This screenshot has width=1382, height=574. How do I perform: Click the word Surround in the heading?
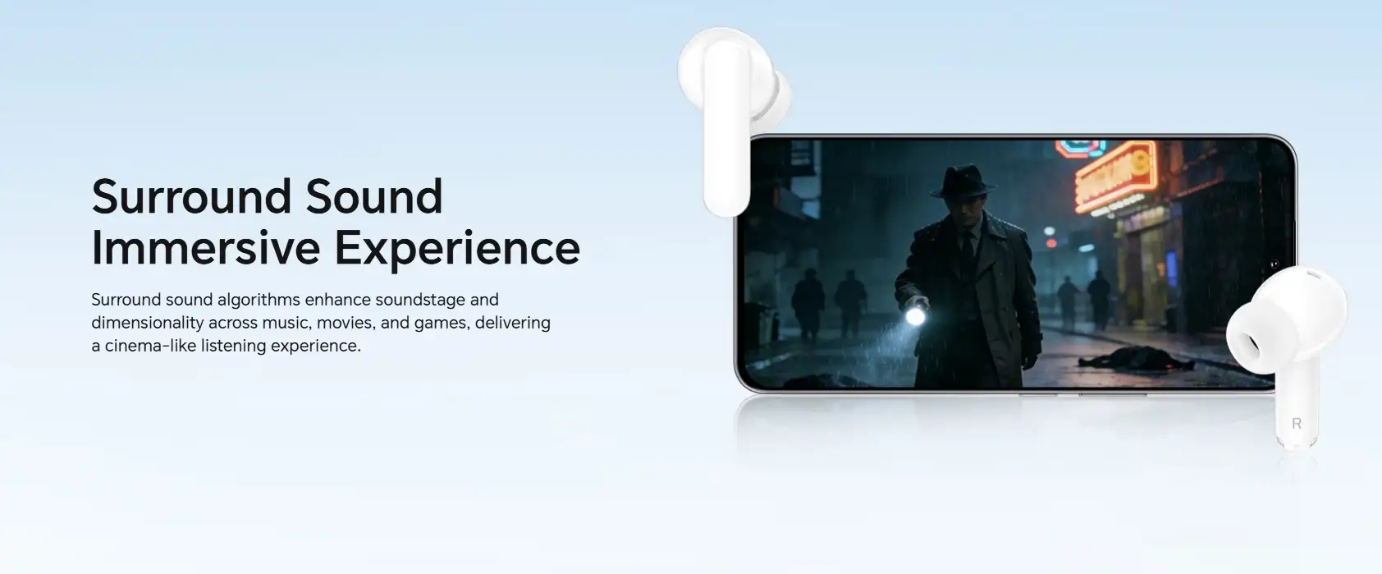[x=191, y=196]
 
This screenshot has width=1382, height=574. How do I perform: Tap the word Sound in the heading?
[x=374, y=196]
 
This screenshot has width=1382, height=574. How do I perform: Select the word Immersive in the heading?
[x=205, y=247]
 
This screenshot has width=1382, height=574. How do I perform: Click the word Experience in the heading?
[x=457, y=249]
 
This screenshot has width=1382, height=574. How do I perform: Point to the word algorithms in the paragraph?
[x=259, y=300]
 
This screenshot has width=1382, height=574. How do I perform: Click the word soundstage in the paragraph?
[x=420, y=300]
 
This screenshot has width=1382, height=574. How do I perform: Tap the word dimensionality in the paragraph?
[x=148, y=323]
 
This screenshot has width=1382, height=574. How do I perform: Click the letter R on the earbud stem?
[x=1297, y=424]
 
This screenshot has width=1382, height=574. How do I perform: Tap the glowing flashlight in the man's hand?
[x=915, y=316]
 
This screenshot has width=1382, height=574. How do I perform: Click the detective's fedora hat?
[x=963, y=181]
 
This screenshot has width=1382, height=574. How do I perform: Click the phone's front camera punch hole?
[x=1274, y=264]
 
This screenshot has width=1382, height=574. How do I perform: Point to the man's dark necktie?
[x=967, y=247]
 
